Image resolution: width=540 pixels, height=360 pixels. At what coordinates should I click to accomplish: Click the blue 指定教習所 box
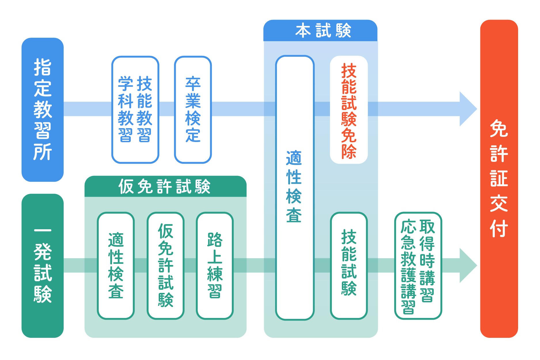43,109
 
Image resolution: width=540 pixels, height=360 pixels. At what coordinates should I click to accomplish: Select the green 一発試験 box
43,266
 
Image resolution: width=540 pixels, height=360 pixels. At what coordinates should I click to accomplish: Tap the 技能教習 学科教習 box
135,109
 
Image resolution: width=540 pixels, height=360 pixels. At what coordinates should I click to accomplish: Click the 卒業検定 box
193,109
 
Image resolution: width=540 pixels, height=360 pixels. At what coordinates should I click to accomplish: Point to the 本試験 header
320,31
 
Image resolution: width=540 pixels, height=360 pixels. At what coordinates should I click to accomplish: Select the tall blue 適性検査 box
294,187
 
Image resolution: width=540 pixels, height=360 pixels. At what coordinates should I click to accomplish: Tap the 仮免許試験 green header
165,186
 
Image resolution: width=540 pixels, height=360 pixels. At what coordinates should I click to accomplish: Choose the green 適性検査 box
116,266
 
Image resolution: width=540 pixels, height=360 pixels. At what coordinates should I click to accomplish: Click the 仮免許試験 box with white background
165,266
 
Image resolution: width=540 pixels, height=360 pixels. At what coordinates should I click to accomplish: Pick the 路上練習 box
215,266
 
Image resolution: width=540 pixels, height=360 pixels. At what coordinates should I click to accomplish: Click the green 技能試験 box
348,266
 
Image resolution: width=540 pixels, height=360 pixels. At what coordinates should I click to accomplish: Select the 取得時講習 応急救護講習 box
418,266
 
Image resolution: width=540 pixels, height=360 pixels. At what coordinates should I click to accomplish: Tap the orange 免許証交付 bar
499,179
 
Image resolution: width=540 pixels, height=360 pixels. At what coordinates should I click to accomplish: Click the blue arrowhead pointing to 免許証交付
467,109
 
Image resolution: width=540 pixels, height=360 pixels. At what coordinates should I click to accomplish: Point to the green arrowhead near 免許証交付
467,265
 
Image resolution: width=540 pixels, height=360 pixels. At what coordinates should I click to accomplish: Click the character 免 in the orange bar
499,129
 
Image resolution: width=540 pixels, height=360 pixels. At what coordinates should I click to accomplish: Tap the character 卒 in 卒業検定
193,84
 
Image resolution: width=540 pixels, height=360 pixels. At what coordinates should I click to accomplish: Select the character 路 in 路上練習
215,240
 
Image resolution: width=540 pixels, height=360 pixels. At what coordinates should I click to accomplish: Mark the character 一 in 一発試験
43,231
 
